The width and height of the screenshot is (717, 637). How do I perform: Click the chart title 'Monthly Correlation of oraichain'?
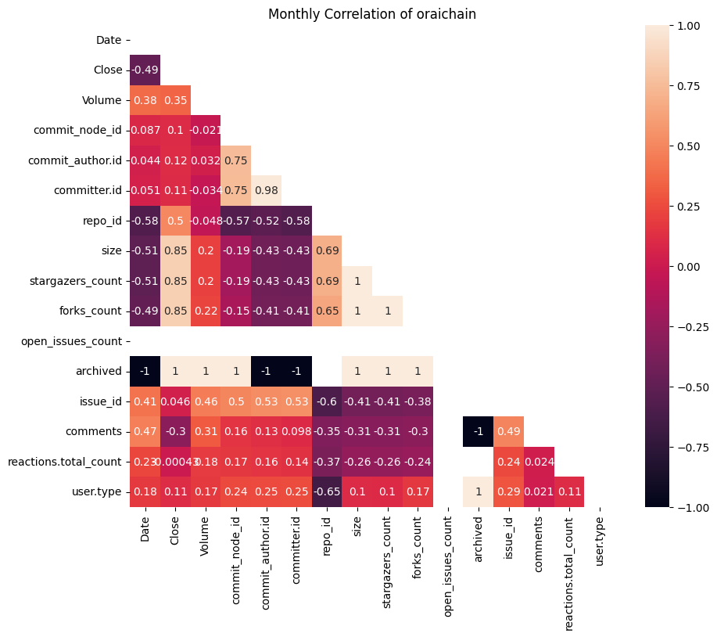[x=372, y=14]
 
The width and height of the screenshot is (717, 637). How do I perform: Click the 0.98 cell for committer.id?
[x=296, y=190]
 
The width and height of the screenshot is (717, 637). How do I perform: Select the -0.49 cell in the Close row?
[x=145, y=70]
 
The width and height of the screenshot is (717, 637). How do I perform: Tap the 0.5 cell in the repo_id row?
[x=175, y=221]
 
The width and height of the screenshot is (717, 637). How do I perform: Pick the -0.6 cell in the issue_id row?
[x=327, y=401]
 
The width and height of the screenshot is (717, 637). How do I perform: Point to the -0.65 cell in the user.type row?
[x=327, y=492]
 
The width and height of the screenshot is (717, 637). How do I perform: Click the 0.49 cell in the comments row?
[x=509, y=432]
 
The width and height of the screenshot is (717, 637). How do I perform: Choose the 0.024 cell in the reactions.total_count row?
[x=540, y=462]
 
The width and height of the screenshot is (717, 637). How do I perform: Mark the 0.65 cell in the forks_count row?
[x=327, y=311]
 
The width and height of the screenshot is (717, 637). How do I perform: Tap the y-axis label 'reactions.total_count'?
[x=65, y=462]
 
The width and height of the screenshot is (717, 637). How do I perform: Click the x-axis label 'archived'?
[x=479, y=539]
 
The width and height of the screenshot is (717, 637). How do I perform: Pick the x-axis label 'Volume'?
[x=206, y=536]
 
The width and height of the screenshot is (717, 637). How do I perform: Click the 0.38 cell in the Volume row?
[x=145, y=100]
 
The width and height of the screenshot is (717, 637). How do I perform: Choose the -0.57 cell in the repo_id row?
[x=236, y=221]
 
